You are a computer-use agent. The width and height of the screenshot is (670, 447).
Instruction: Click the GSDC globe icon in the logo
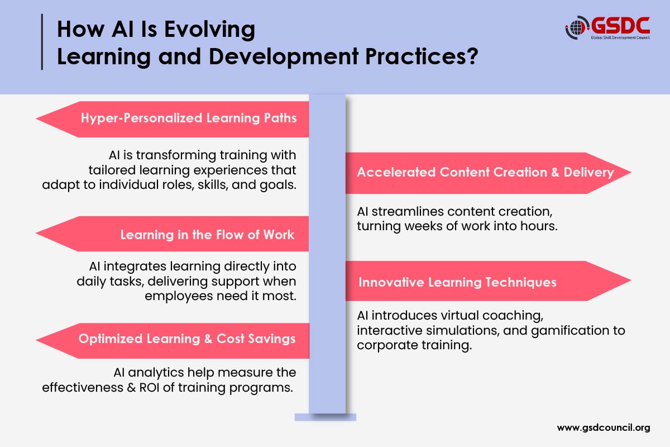(x=576, y=28)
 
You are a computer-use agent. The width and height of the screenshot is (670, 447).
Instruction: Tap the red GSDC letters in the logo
(x=621, y=26)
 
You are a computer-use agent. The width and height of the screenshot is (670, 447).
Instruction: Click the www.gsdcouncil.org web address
(x=604, y=427)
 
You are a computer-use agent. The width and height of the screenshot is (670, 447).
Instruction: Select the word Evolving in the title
(x=210, y=30)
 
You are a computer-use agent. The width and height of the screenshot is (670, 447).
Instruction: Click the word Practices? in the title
(x=422, y=56)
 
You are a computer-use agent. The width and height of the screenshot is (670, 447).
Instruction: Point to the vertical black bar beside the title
(x=42, y=42)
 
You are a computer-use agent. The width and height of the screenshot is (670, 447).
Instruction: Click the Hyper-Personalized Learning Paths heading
(x=189, y=118)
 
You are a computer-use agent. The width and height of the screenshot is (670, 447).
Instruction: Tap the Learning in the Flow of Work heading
(x=207, y=235)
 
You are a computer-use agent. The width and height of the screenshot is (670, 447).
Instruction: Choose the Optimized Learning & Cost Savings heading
(x=187, y=339)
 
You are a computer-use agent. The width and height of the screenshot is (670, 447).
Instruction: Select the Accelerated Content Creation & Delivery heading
(x=485, y=172)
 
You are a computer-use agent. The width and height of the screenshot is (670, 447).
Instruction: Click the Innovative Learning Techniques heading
(x=457, y=282)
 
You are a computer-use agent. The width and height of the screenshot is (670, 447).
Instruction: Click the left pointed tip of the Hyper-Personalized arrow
(x=36, y=118)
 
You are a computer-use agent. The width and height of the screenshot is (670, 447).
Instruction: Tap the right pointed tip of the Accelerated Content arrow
(x=631, y=172)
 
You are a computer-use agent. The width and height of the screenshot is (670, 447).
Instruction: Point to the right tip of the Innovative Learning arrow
(x=631, y=280)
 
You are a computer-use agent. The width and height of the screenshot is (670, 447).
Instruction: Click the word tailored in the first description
(x=112, y=170)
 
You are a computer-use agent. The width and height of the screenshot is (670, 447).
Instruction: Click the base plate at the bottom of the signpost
(x=326, y=417)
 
